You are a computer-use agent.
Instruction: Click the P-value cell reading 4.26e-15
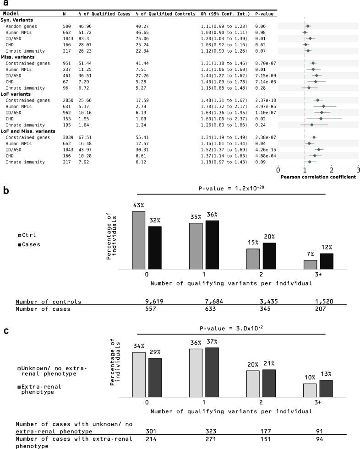[x=265, y=149]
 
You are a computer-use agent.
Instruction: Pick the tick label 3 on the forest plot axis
[x=358, y=170]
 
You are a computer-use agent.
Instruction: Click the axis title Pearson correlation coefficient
[x=318, y=177]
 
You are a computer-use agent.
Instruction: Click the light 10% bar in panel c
[x=310, y=390]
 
